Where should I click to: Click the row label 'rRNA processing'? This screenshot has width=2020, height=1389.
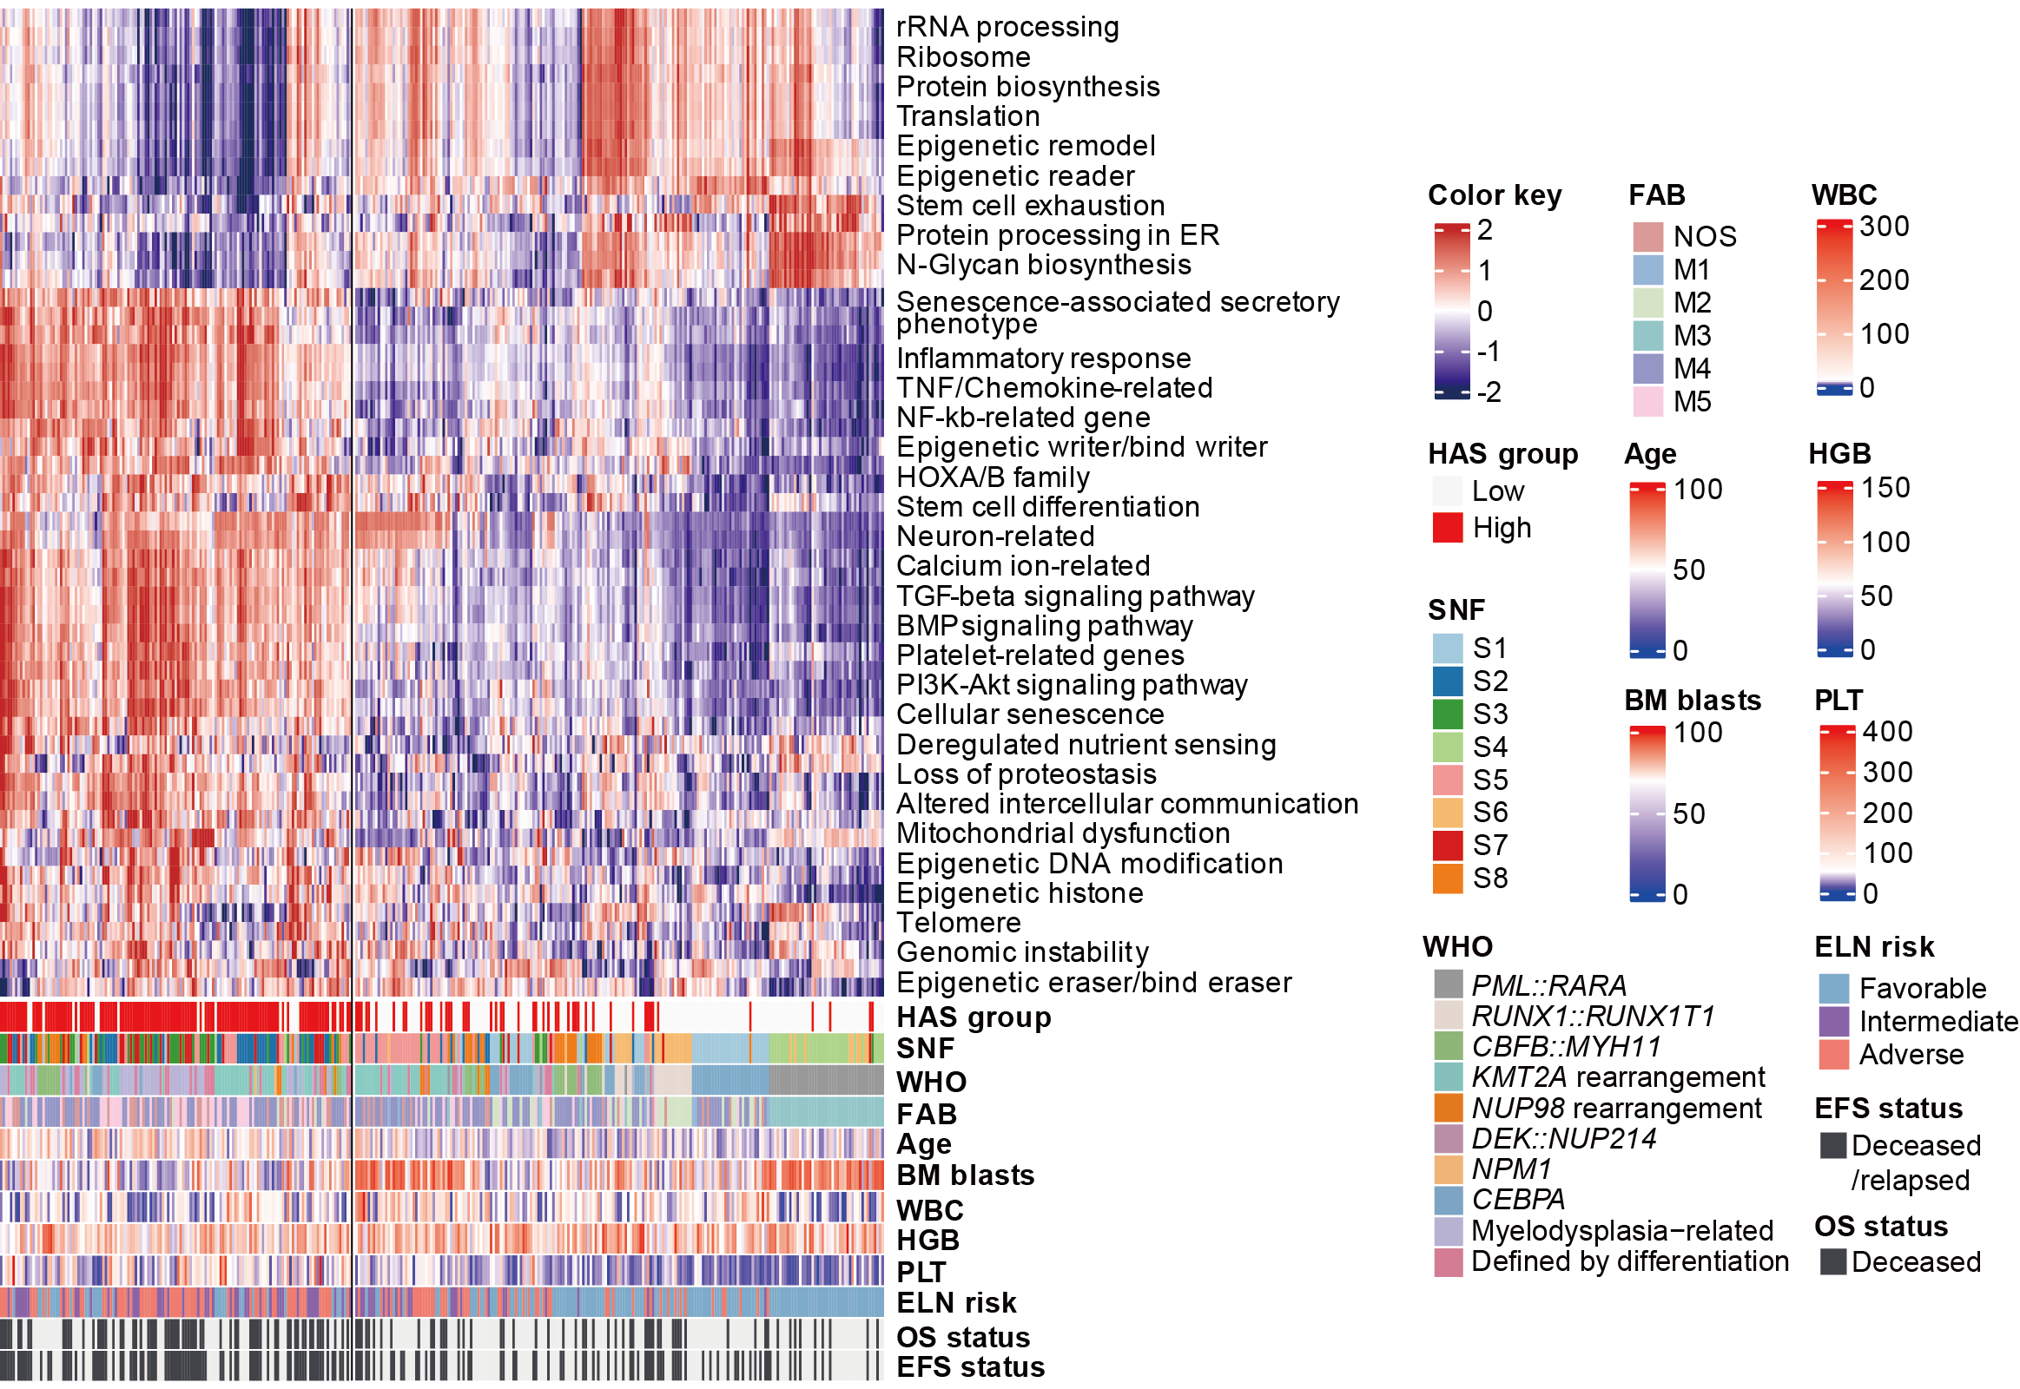pyautogui.click(x=1007, y=27)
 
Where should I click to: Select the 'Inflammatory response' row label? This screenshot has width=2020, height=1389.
pyautogui.click(x=1043, y=359)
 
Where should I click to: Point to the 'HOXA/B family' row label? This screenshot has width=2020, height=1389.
pyautogui.click(x=993, y=477)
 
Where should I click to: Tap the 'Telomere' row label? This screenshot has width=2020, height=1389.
pyautogui.click(x=959, y=923)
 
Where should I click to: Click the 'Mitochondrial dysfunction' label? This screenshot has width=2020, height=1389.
pyautogui.click(x=1062, y=833)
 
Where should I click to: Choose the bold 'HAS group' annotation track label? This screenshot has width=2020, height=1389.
pyautogui.click(x=974, y=1017)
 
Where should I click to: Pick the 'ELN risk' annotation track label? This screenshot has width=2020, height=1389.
pyautogui.click(x=956, y=1303)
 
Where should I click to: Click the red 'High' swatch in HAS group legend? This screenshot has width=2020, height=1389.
pyautogui.click(x=1447, y=529)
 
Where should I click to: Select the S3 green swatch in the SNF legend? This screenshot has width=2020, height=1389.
pyautogui.click(x=1447, y=714)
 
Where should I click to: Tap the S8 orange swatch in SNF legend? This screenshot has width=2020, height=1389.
pyautogui.click(x=1447, y=879)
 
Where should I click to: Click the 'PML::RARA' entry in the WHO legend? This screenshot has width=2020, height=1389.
pyautogui.click(x=1548, y=986)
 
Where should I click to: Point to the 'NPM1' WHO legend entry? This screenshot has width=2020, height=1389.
pyautogui.click(x=1511, y=1169)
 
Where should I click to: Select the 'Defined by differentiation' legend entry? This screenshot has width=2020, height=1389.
pyautogui.click(x=1629, y=1262)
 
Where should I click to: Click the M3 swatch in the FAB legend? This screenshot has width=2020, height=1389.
pyautogui.click(x=1648, y=336)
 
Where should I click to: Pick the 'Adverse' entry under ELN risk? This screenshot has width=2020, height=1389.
pyautogui.click(x=1911, y=1055)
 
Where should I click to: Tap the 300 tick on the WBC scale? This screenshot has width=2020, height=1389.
pyautogui.click(x=1884, y=227)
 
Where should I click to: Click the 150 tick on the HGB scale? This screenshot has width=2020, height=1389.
pyautogui.click(x=1885, y=488)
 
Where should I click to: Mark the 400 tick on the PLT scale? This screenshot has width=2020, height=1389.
pyautogui.click(x=1887, y=732)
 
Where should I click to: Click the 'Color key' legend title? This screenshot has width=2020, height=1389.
pyautogui.click(x=1494, y=195)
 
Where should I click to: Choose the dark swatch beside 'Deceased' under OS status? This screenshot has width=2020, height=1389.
pyautogui.click(x=1832, y=1262)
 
